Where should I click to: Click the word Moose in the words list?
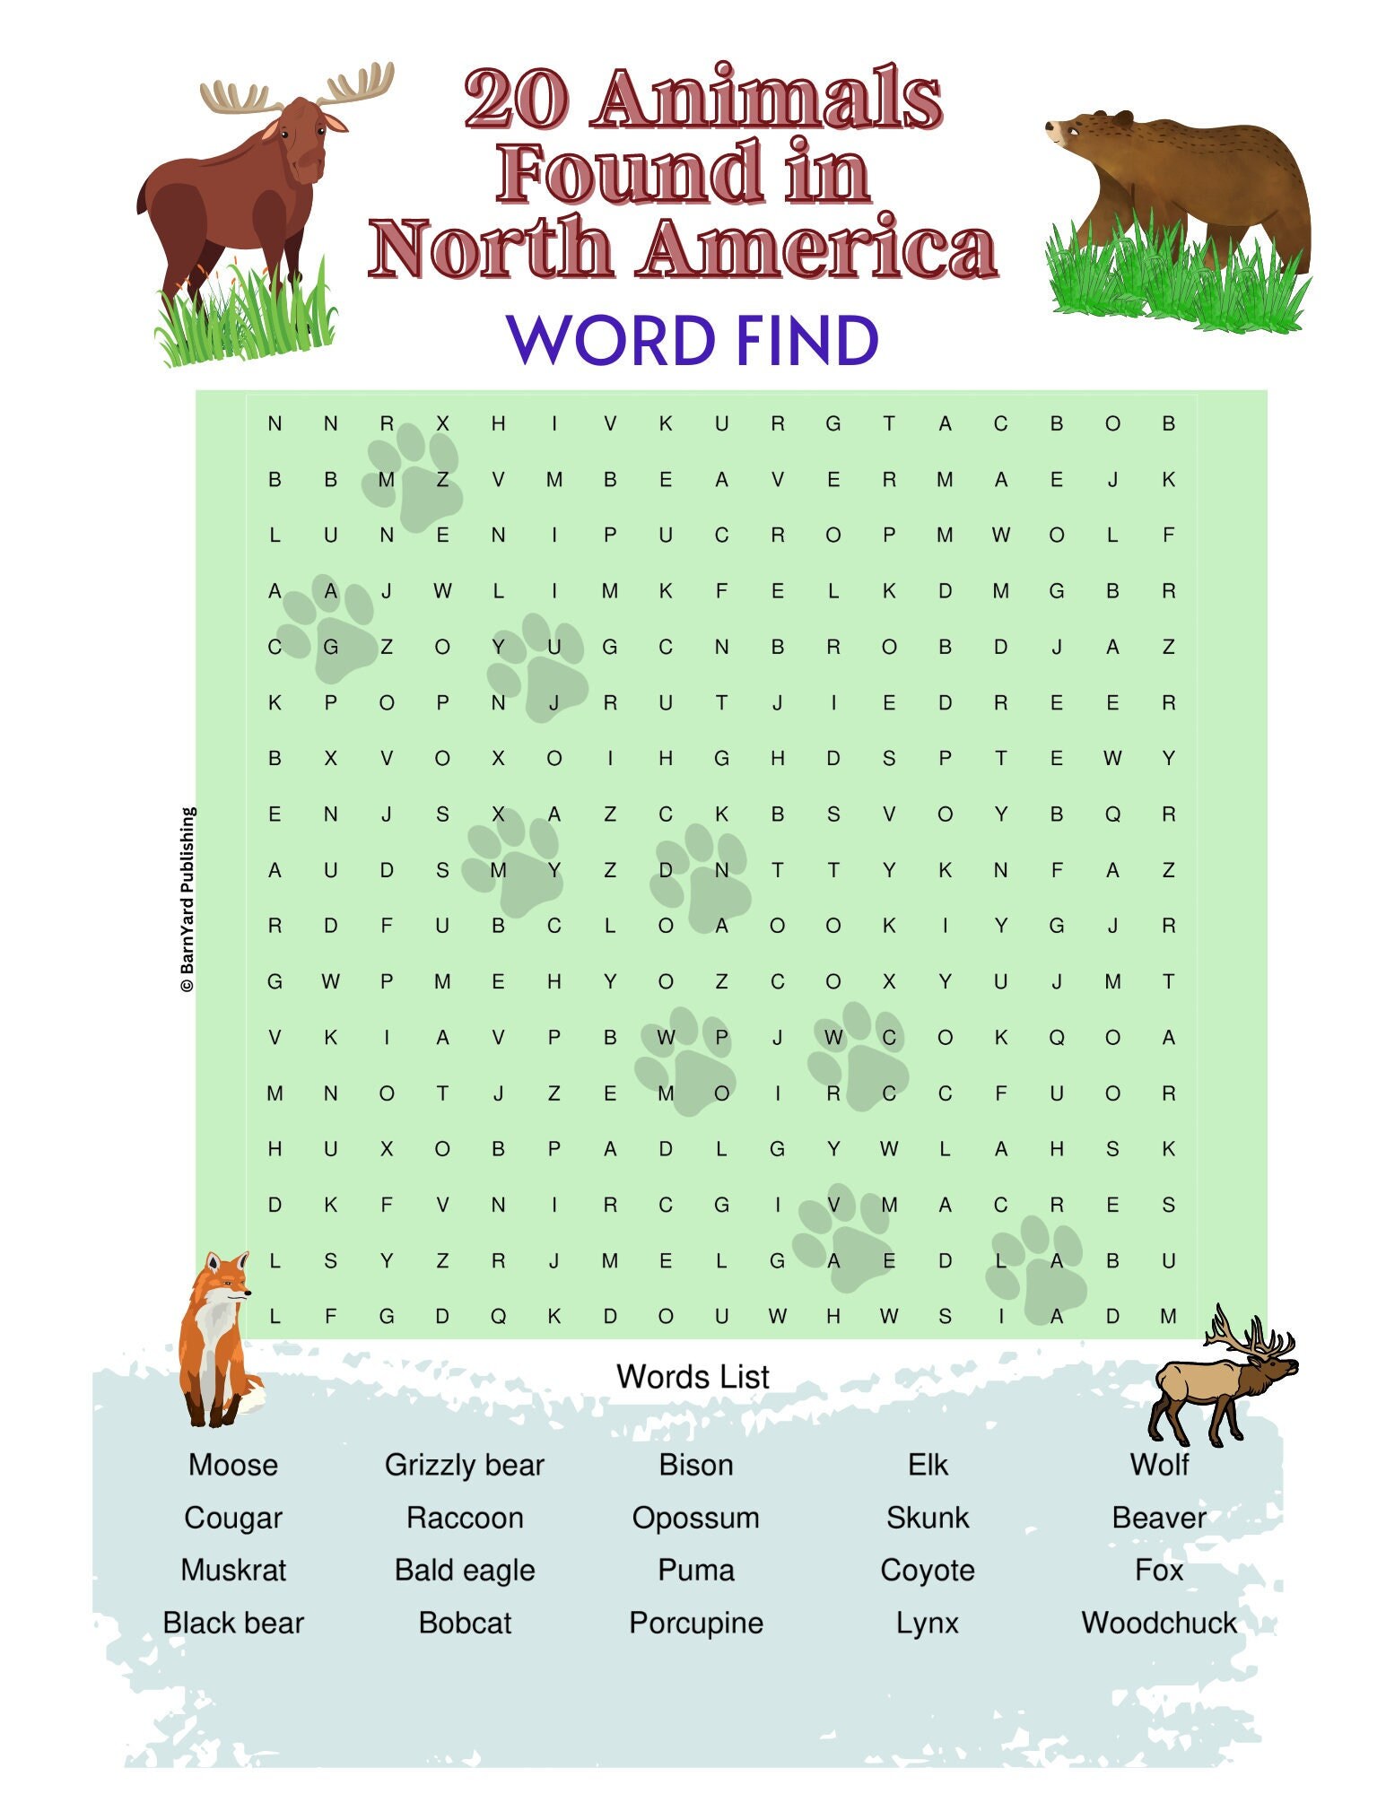pos(232,1465)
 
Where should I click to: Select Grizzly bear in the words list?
pos(464,1465)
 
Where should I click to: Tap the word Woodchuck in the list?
pos(1158,1623)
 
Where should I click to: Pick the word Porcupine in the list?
pos(695,1623)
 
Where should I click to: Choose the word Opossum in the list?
pos(695,1518)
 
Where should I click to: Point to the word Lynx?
pos(927,1623)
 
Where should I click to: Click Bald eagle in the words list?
pos(464,1570)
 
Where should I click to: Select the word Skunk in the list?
pos(927,1518)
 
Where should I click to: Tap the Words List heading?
pos(693,1376)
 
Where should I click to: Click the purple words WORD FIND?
pos(693,341)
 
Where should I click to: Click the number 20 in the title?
pos(516,99)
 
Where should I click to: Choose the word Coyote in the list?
pos(927,1570)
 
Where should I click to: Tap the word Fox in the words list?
pos(1158,1570)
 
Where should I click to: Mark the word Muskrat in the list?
pos(232,1570)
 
